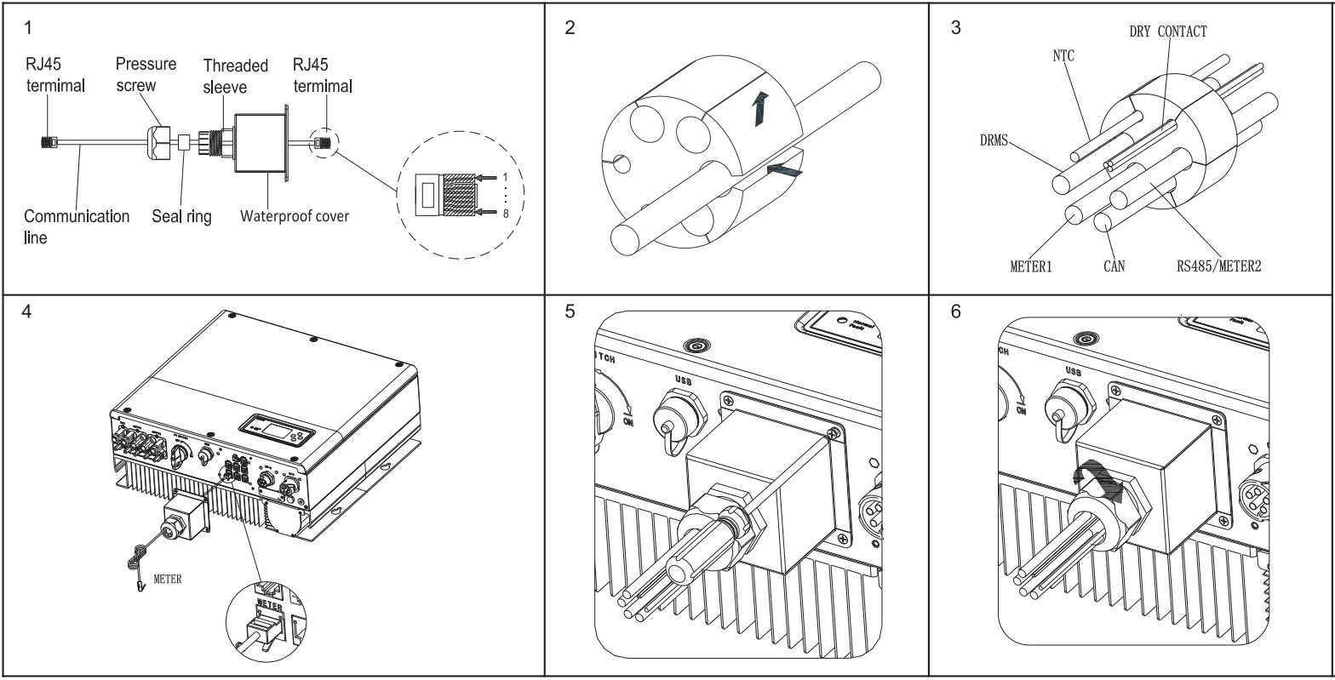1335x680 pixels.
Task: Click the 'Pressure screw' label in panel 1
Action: point(146,74)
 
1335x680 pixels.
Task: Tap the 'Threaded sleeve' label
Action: point(235,76)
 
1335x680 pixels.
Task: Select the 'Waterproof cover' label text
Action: point(295,215)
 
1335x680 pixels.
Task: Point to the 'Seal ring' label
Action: point(182,216)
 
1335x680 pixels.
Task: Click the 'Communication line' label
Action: point(77,226)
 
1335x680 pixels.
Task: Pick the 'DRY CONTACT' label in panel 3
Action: point(1167,31)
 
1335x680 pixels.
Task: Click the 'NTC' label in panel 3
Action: point(1063,56)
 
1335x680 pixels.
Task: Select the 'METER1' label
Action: point(1031,266)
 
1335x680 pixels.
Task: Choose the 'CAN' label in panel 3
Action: point(1113,266)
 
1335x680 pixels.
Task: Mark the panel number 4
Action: point(28,311)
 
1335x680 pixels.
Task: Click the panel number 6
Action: point(955,311)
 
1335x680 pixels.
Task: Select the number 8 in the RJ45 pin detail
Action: point(506,214)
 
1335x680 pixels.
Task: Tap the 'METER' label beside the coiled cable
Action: point(167,580)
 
